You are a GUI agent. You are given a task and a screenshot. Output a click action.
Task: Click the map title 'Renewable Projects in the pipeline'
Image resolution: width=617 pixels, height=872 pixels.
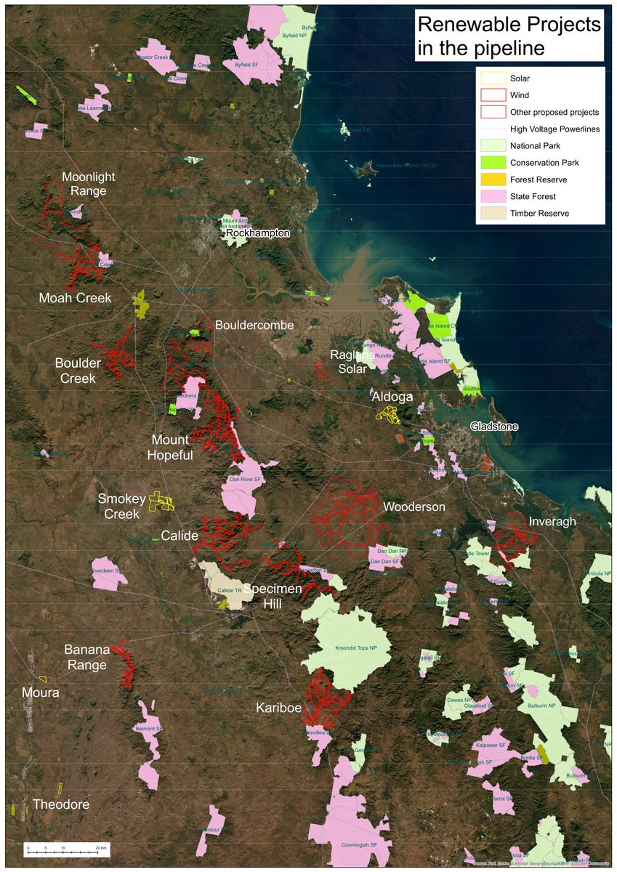click(509, 36)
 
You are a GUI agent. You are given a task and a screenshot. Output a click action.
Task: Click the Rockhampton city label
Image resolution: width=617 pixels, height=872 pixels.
click(258, 233)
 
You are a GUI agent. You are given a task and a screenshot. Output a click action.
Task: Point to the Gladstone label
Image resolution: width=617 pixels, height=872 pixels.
click(494, 427)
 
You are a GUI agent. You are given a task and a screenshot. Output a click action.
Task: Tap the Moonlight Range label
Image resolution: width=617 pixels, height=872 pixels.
click(84, 184)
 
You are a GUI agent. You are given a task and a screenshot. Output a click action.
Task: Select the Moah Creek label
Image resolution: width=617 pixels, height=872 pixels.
click(75, 298)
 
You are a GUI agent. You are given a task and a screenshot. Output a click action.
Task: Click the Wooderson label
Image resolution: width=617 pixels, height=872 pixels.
click(414, 506)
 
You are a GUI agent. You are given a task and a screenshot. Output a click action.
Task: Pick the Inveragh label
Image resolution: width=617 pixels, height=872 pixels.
click(552, 522)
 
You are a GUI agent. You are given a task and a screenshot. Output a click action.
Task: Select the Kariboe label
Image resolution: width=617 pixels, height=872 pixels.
click(278, 707)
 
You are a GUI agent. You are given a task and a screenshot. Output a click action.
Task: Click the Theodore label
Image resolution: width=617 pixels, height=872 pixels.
click(61, 804)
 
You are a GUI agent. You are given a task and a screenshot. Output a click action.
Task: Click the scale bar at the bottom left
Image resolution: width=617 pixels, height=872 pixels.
click(65, 847)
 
